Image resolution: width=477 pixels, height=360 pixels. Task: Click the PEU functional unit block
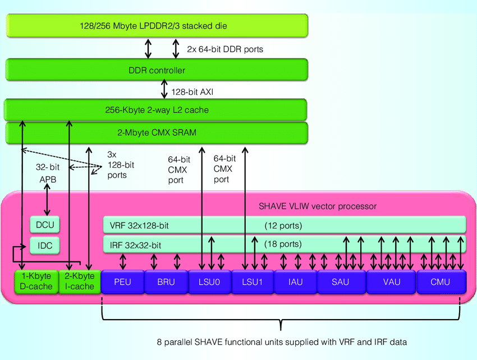click(122, 281)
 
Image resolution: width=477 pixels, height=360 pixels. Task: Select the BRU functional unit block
click(166, 281)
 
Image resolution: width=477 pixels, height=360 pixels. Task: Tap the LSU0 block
click(209, 281)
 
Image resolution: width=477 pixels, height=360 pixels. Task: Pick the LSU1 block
click(252, 281)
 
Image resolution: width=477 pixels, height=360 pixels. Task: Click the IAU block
click(296, 281)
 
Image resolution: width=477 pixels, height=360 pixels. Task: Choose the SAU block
click(341, 281)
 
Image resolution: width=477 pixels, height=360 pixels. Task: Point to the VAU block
click(391, 281)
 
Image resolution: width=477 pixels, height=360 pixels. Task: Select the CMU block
click(441, 281)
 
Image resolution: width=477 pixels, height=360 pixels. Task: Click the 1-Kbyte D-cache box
click(36, 281)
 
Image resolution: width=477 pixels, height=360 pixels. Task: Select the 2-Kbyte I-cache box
click(79, 281)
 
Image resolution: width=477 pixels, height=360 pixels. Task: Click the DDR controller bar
click(157, 71)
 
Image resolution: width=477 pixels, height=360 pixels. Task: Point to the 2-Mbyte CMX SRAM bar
click(157, 132)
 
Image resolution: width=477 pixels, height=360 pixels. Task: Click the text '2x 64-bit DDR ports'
click(225, 49)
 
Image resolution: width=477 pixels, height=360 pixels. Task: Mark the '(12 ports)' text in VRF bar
click(283, 226)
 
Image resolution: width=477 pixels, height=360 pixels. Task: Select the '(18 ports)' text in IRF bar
click(283, 244)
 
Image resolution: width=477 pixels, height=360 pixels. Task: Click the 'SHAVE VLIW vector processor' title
click(317, 206)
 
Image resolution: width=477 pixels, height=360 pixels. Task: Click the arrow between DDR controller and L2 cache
click(164, 90)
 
